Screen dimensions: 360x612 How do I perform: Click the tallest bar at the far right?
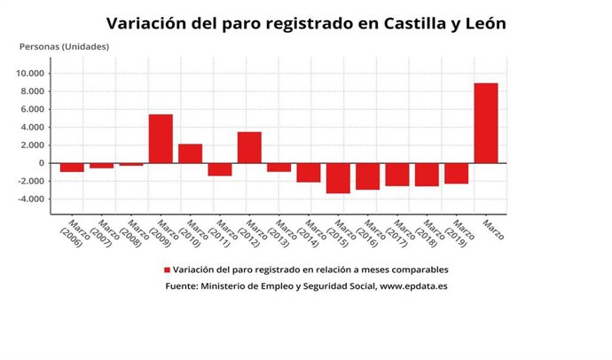coord(485,123)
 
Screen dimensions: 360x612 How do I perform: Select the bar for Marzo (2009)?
coord(161,139)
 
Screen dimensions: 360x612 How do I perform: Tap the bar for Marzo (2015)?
coord(338,178)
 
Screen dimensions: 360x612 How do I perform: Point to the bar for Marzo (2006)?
coord(72,168)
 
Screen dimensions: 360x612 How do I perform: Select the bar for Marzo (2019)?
coord(456,173)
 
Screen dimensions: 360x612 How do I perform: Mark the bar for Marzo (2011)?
coord(220,169)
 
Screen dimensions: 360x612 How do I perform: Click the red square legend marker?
coord(166,270)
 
